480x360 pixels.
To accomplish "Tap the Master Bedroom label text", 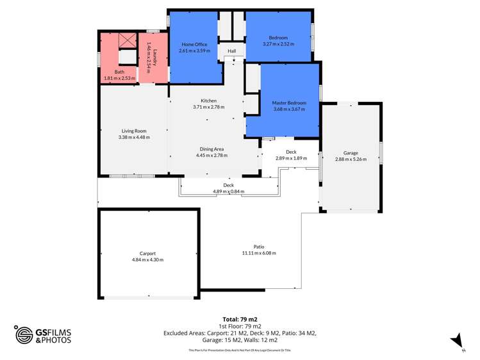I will click(289, 102).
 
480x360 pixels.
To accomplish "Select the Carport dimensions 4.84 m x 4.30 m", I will click(147, 259).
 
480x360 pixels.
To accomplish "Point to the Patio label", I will click(259, 247).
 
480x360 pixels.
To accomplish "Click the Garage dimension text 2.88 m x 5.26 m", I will click(351, 159).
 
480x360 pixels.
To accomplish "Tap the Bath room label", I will click(119, 72).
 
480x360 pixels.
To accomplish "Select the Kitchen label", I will click(208, 101).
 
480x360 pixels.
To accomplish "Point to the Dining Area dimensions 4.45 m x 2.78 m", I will click(211, 155).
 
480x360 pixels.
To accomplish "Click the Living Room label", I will click(134, 131).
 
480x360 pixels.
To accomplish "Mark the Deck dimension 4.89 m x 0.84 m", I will click(228, 191).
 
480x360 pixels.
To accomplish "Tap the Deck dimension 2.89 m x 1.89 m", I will click(291, 158).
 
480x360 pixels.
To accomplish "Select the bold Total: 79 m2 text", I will click(240, 319).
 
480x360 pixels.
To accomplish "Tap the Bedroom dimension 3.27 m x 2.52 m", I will click(278, 44).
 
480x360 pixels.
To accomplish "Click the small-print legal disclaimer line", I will click(240, 350).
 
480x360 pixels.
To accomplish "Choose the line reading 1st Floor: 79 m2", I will click(240, 326).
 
